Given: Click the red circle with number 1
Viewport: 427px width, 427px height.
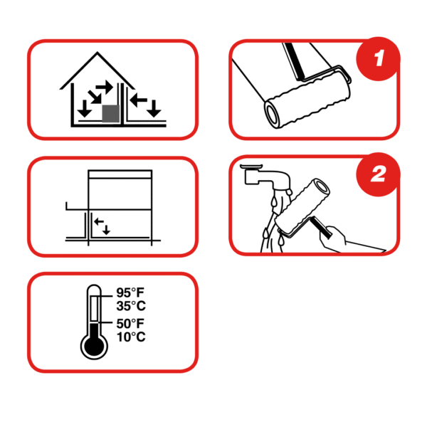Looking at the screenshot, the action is point(378,58).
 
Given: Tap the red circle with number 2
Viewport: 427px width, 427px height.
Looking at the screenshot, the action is point(378,174).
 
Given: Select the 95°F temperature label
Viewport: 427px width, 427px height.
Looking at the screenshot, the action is point(130,292).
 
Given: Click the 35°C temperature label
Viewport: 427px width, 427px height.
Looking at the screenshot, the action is point(131,306).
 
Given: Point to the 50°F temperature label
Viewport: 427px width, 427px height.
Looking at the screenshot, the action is point(130,324).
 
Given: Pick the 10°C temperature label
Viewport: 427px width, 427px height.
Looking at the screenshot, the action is point(131,337).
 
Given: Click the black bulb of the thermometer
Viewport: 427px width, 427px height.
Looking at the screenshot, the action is point(94,347).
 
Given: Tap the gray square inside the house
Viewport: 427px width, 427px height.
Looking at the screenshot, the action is point(110,113).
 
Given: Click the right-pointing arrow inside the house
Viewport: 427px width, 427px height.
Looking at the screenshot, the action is point(104,87).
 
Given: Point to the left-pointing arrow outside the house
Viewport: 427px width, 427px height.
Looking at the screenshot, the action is point(139,100).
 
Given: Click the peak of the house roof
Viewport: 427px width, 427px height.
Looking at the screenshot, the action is point(97,52).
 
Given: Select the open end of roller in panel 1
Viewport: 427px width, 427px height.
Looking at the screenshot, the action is point(273,114).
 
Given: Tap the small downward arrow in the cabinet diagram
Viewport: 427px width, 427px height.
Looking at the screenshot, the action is point(106,230).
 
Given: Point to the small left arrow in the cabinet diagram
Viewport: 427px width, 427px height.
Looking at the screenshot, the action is point(99,221).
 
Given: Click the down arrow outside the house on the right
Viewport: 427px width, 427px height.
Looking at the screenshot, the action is point(154,108).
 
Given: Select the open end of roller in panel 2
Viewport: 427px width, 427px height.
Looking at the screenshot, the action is point(322,187).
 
